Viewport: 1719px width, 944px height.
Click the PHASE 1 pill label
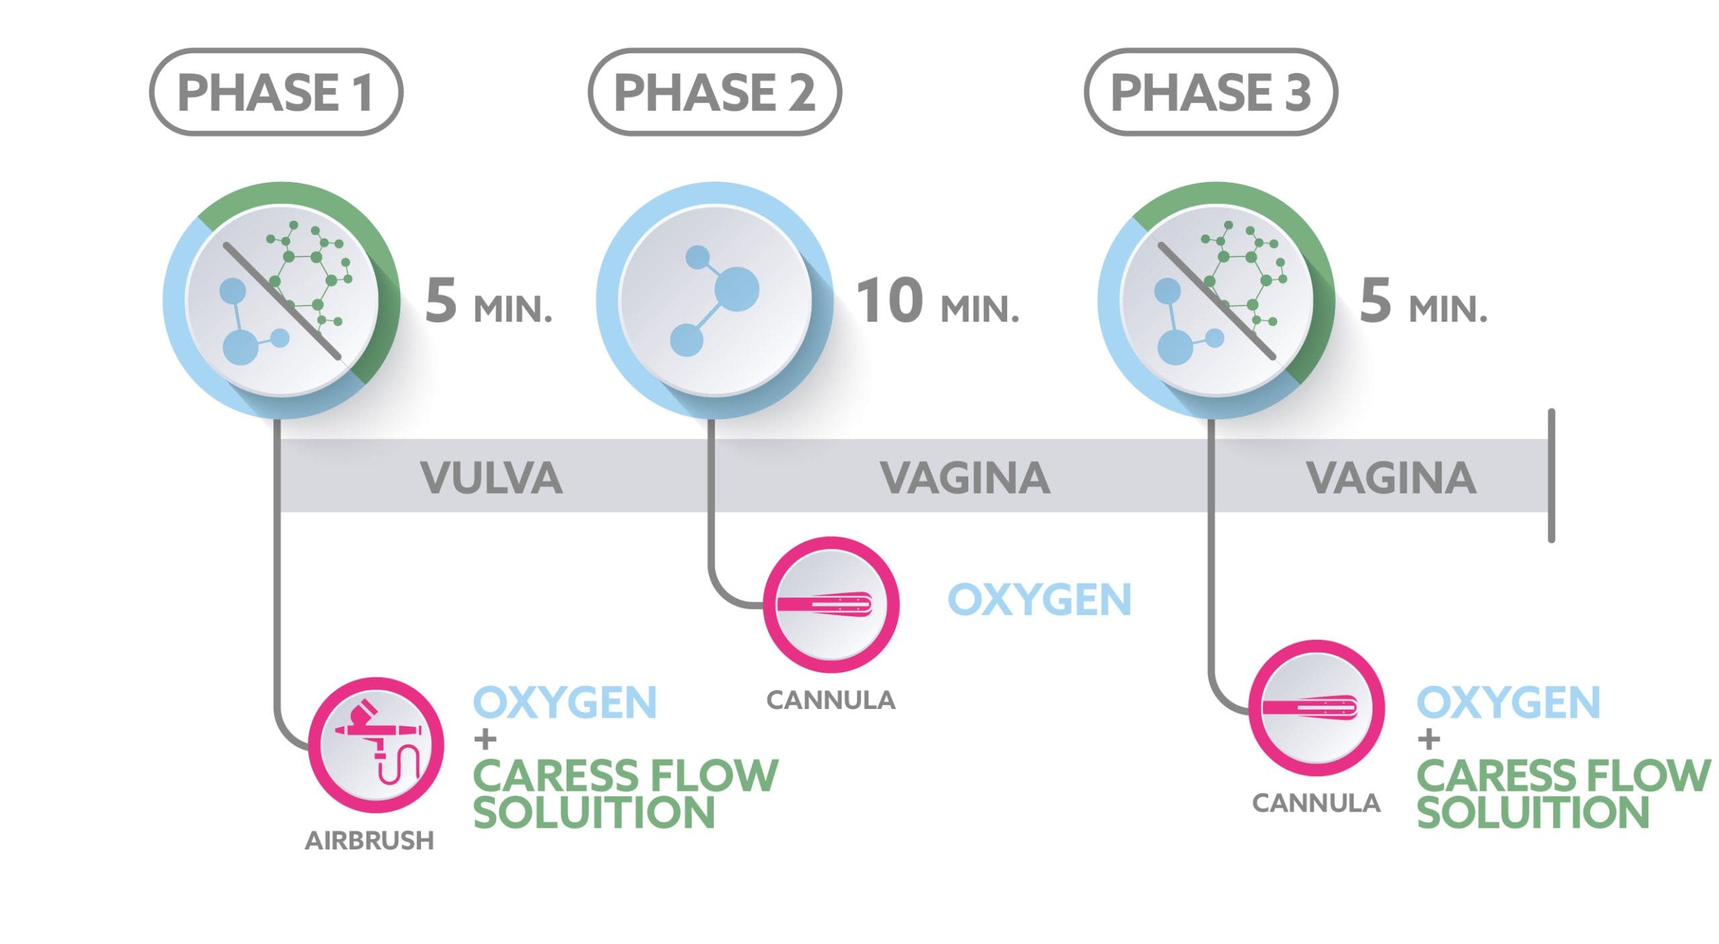point(275,93)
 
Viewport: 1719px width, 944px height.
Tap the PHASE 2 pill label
point(714,93)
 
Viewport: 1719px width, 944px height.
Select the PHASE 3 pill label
point(1211,93)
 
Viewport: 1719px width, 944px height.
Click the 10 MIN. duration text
point(937,302)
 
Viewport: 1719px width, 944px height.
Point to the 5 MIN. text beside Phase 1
point(489,302)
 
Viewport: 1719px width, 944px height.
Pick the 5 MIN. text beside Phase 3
point(1424,302)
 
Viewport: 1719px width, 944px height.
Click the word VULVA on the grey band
point(492,478)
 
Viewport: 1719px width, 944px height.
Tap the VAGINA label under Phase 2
point(965,478)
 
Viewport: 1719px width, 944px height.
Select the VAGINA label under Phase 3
point(1391,478)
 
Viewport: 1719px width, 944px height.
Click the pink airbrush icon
point(376,745)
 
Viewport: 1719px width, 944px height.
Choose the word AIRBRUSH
point(369,841)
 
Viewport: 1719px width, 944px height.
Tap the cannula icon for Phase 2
point(831,604)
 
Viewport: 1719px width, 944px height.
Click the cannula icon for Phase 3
point(1316,708)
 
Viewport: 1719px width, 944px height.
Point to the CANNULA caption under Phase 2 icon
point(831,701)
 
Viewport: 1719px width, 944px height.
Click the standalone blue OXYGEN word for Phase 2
point(1039,600)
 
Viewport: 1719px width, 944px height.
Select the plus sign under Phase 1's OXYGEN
point(485,740)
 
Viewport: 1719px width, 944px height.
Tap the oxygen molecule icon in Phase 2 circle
point(715,300)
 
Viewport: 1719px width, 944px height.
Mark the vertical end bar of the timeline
point(1551,475)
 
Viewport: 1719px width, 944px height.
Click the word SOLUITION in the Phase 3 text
point(1534,812)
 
